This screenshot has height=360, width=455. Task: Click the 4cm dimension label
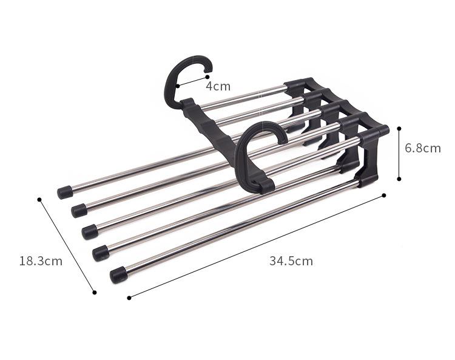[x=218, y=87]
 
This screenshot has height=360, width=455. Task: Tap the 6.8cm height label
[x=423, y=148]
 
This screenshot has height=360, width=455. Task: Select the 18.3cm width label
[x=41, y=261]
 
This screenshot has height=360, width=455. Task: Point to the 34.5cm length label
[x=291, y=261]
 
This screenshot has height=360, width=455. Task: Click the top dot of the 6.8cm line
[x=399, y=128]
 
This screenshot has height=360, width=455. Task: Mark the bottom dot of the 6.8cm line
[x=399, y=179]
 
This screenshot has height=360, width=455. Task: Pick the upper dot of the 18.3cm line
[x=39, y=200]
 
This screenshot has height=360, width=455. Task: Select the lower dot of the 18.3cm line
[x=94, y=293]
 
